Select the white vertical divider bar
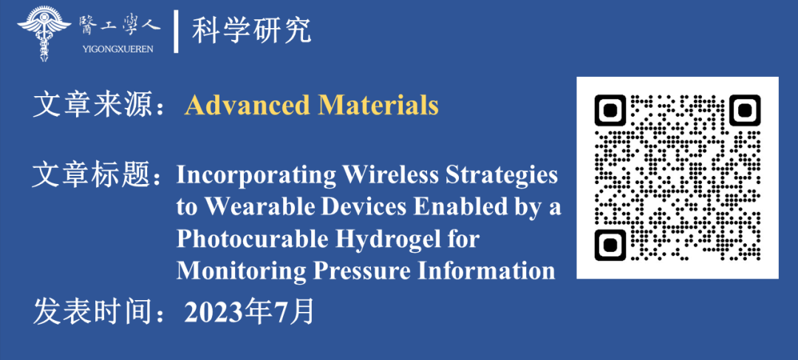pyautogui.click(x=176, y=32)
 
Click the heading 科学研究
pyautogui.click(x=251, y=32)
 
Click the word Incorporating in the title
pyautogui.click(x=256, y=176)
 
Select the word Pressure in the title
pyautogui.click(x=361, y=271)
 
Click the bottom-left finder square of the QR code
pyautogui.click(x=610, y=245)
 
